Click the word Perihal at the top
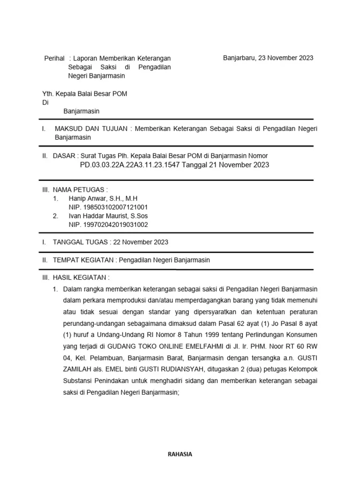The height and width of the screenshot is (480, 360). tap(54, 58)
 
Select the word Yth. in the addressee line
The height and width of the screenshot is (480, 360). tap(48, 94)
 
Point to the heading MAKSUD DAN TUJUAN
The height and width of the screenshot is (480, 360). tap(91, 129)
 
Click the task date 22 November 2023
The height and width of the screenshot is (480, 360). tap(141, 242)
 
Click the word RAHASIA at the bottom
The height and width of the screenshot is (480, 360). tap(180, 454)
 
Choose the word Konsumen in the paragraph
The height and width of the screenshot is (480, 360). tap(303, 335)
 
